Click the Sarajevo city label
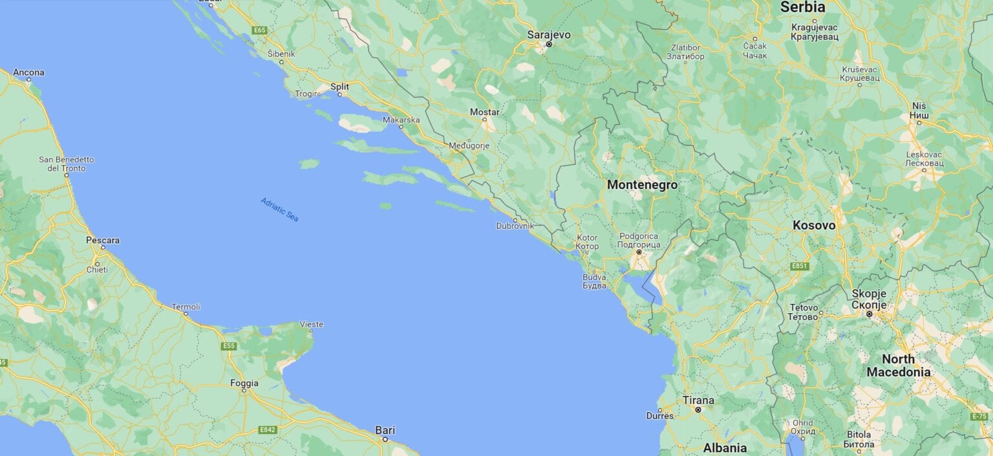[549, 34]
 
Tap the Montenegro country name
[642, 185]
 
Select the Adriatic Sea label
[280, 210]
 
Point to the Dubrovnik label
[515, 226]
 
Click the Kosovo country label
[814, 226]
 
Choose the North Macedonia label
[898, 365]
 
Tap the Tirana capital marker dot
[698, 409]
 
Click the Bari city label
[385, 430]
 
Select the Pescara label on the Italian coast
[103, 240]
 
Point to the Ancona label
[29, 72]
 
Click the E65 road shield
[260, 30]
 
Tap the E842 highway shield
[268, 429]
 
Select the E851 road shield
[800, 266]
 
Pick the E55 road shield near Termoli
[229, 346]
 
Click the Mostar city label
[484, 112]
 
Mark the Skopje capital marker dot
[870, 314]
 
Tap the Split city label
[339, 86]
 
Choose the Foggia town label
[244, 383]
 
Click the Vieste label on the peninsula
[312, 323]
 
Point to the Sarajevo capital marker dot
[548, 45]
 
